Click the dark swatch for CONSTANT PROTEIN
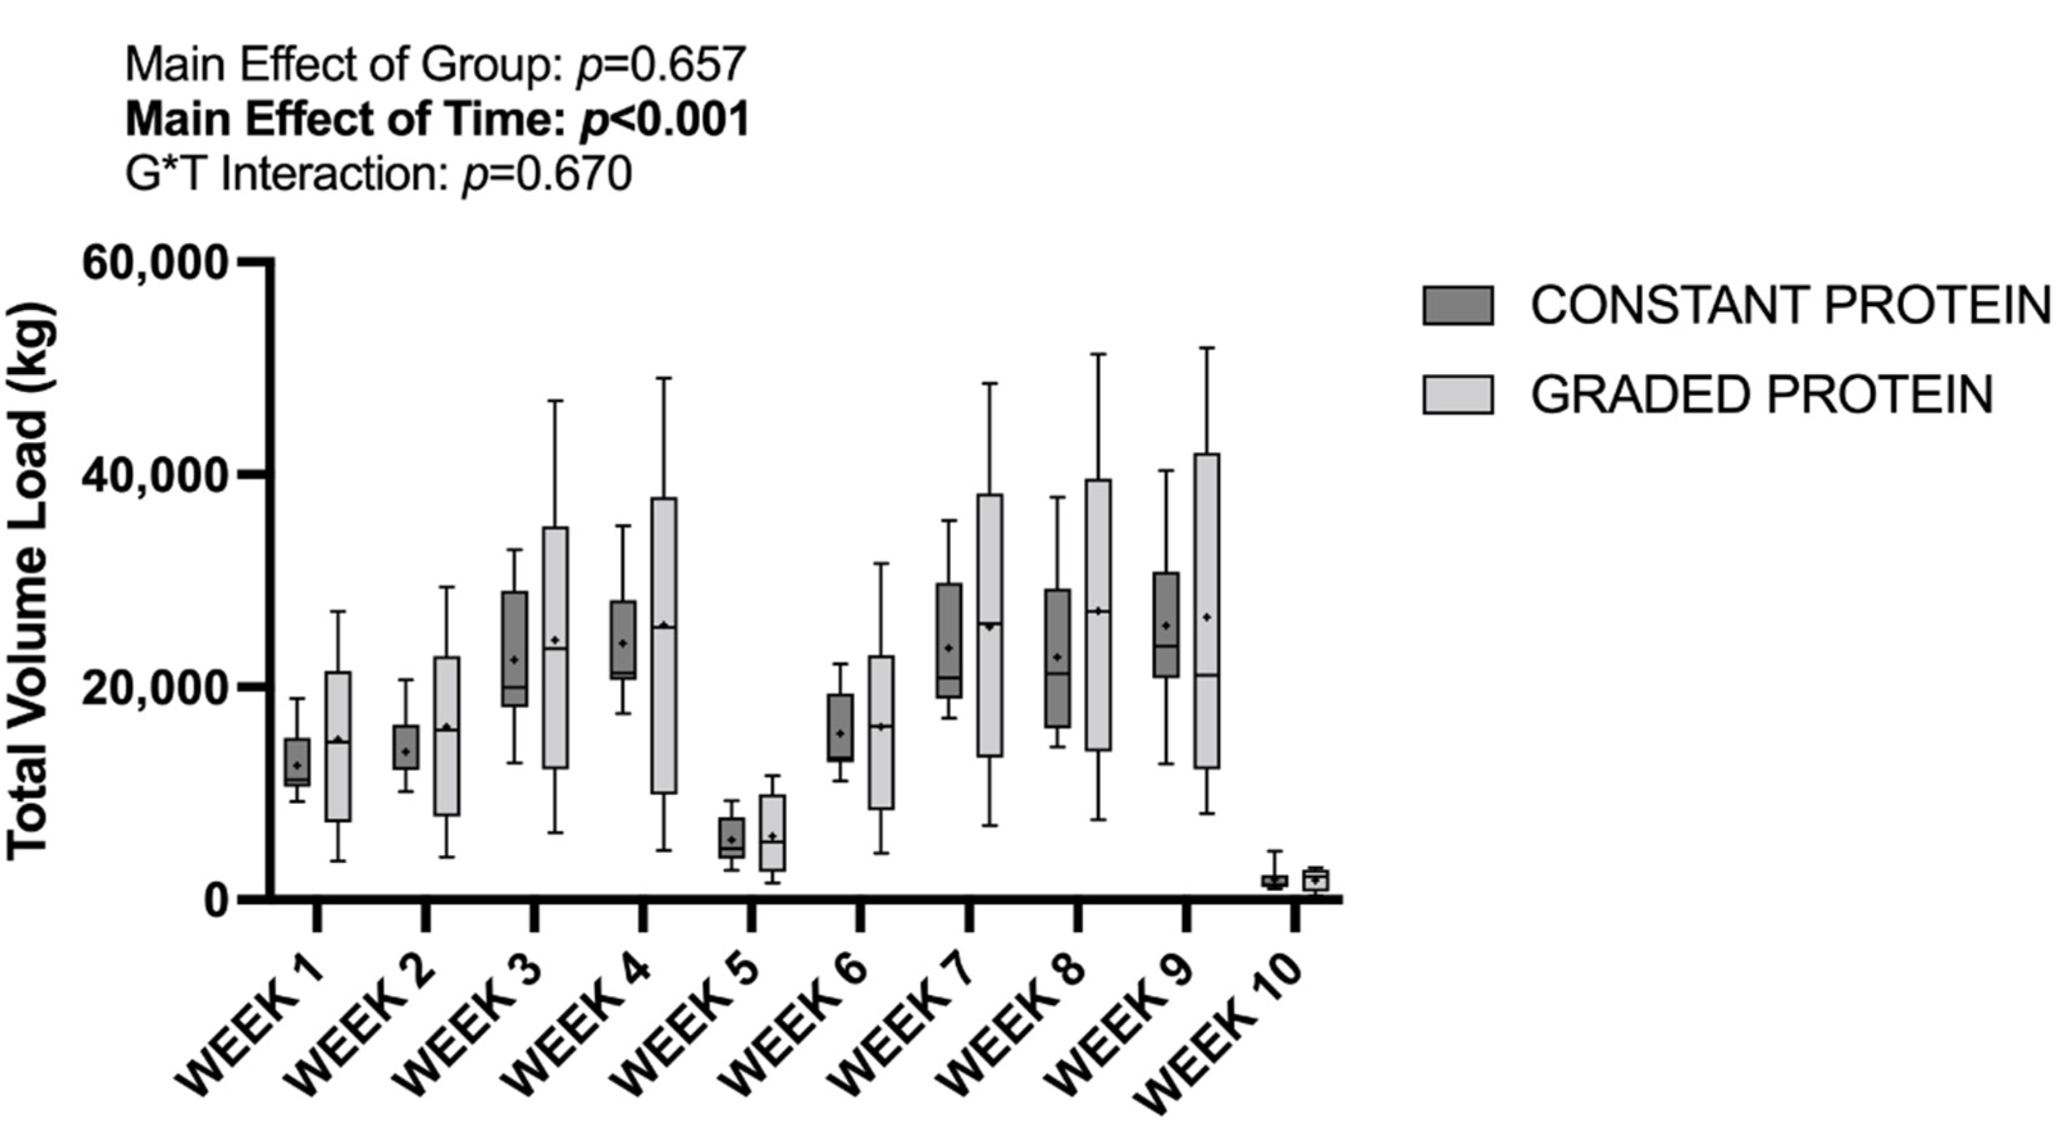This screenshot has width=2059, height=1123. tap(1457, 306)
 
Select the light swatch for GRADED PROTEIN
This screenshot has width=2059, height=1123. tap(1457, 395)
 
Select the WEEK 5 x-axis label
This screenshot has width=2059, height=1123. tap(687, 1026)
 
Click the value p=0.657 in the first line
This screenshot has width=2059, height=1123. tap(661, 65)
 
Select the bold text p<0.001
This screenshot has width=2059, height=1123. tap(663, 120)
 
